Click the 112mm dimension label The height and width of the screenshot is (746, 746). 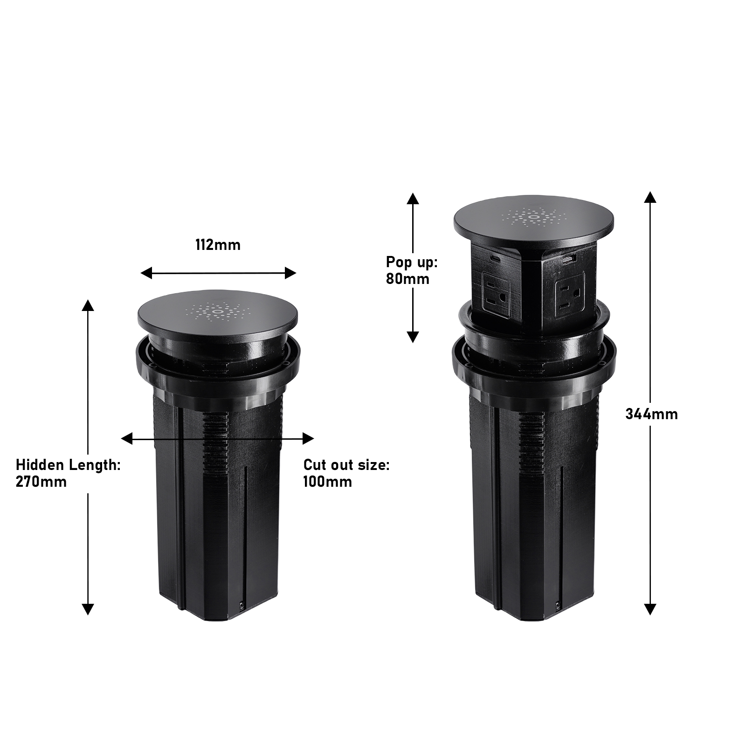(218, 245)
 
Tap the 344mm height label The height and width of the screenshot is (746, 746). (652, 414)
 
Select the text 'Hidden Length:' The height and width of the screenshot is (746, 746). (69, 465)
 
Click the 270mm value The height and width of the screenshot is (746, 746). (41, 482)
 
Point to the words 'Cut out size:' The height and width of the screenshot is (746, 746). (346, 465)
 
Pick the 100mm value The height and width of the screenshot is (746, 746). (328, 482)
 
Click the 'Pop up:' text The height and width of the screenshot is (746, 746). (412, 262)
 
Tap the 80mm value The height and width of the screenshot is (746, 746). (408, 279)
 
